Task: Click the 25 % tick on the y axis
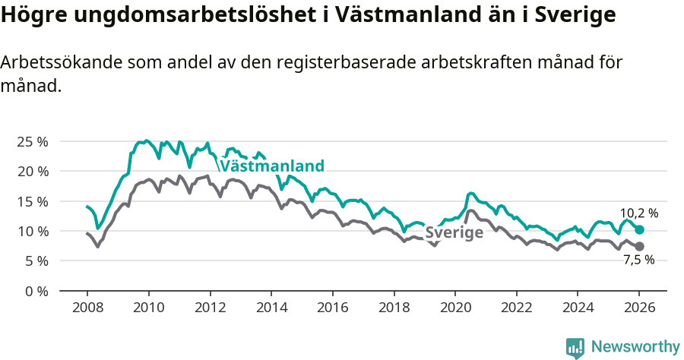(x=31, y=141)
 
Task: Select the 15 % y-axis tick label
(x=31, y=201)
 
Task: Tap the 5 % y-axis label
(x=34, y=261)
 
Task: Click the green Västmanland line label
(x=272, y=166)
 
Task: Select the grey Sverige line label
(x=454, y=233)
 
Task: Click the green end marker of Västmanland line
(x=639, y=229)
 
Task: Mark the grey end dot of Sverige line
(x=639, y=246)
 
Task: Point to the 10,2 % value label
(x=638, y=214)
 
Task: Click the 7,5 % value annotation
(x=638, y=260)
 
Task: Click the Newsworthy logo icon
(x=575, y=347)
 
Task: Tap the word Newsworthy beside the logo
(x=635, y=347)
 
